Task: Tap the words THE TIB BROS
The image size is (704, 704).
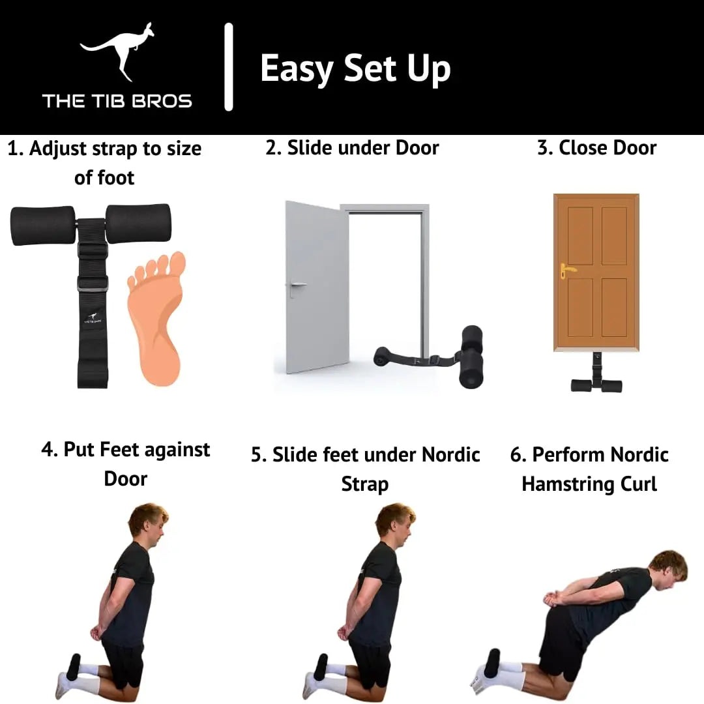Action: click(x=117, y=101)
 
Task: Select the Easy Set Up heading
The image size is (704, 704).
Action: click(x=355, y=68)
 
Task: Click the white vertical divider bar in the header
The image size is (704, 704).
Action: click(x=229, y=67)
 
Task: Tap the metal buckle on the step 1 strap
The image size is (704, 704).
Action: click(x=93, y=284)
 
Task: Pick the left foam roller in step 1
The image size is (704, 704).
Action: click(x=43, y=226)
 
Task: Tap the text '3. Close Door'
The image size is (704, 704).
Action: click(x=596, y=148)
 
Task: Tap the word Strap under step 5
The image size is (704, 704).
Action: click(x=365, y=484)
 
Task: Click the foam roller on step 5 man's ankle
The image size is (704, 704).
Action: click(x=321, y=667)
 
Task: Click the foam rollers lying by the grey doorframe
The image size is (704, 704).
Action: click(x=471, y=357)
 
